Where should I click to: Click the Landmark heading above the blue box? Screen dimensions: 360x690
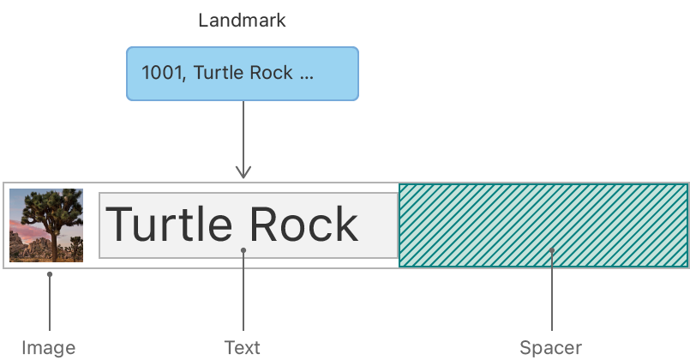pyautogui.click(x=242, y=21)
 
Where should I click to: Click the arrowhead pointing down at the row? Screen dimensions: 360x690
pyautogui.click(x=243, y=173)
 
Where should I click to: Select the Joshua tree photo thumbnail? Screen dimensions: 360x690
pyautogui.click(x=46, y=225)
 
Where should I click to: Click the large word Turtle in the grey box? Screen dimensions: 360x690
pyautogui.click(x=168, y=225)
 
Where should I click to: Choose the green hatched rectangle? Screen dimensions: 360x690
pyautogui.click(x=543, y=225)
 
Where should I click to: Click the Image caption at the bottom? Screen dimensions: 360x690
pyautogui.click(x=49, y=348)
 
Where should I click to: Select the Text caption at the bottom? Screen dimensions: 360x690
pyautogui.click(x=243, y=348)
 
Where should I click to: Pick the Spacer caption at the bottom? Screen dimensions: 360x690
pyautogui.click(x=550, y=348)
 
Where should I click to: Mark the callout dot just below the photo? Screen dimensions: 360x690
pyautogui.click(x=49, y=274)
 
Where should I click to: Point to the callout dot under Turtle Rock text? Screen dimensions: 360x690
pyautogui.click(x=243, y=250)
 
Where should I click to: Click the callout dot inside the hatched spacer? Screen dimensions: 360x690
pyautogui.click(x=552, y=250)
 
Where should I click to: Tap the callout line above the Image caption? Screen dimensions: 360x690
pyautogui.click(x=49, y=304)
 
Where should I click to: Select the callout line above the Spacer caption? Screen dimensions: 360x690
pyautogui.click(x=552, y=296)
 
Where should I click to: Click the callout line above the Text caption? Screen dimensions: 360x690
pyautogui.click(x=243, y=296)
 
